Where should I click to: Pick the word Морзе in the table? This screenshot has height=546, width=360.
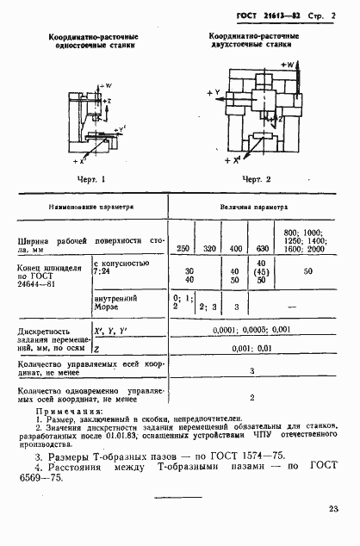click(108, 307)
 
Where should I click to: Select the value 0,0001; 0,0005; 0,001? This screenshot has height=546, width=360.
click(257, 330)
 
